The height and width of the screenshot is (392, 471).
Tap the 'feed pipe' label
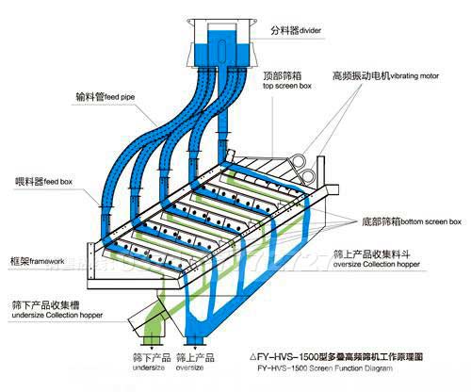pyautogui.click(x=124, y=95)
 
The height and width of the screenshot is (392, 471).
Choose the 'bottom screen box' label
pyautogui.click(x=430, y=221)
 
